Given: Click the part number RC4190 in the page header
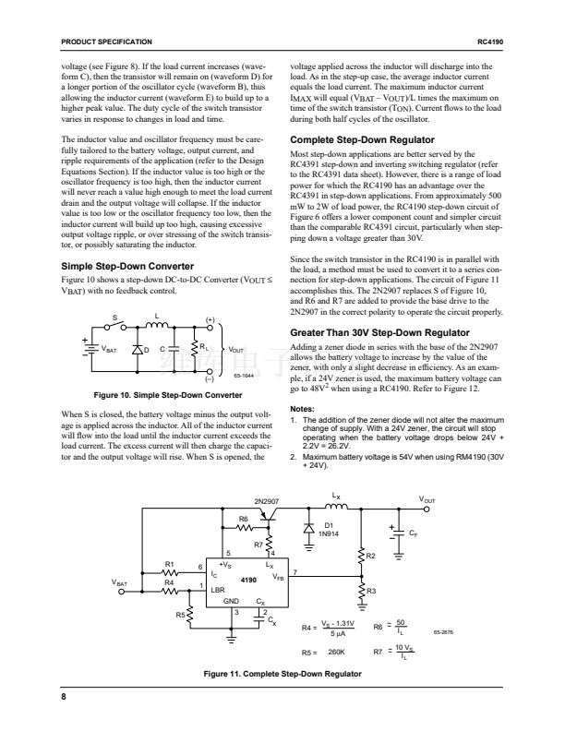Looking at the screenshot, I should pyautogui.click(x=490, y=42).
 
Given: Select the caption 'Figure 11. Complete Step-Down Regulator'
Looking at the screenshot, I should pyautogui.click(x=282, y=674).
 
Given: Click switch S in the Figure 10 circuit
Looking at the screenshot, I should pyautogui.click(x=116, y=324).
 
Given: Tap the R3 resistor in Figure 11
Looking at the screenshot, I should pyautogui.click(x=361, y=591).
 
